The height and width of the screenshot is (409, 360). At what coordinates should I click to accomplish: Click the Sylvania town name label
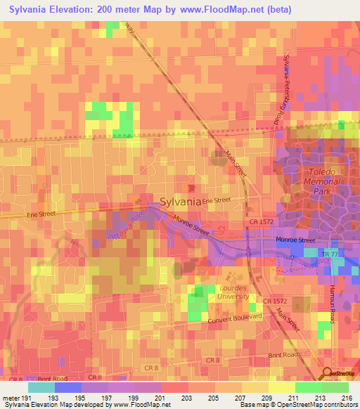click(x=181, y=201)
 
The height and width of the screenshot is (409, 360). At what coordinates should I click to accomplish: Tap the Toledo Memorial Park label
click(x=321, y=181)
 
